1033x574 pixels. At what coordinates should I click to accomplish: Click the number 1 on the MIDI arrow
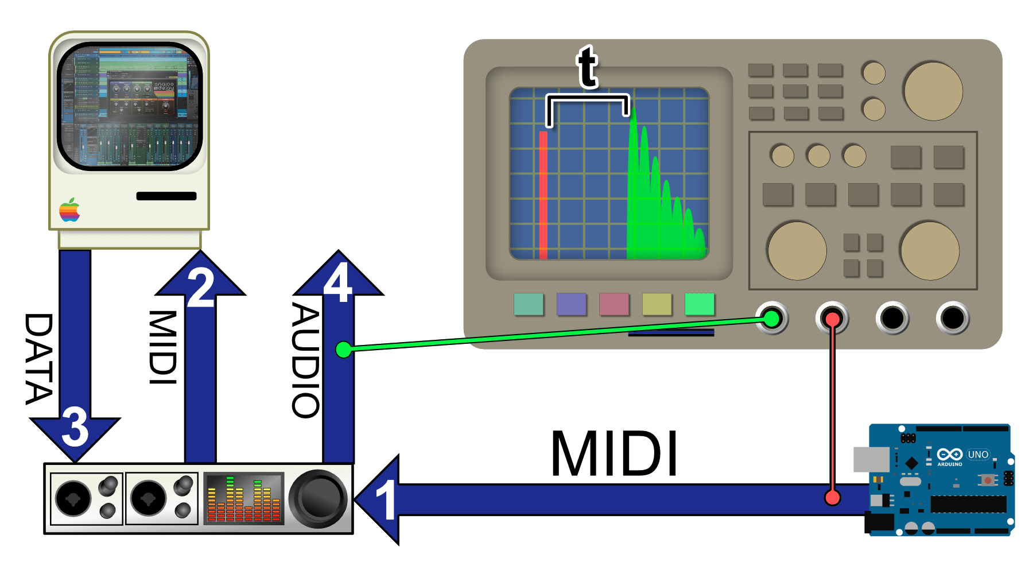point(386,500)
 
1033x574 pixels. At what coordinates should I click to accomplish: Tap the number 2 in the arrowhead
point(201,288)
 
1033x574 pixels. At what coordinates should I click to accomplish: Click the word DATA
point(40,359)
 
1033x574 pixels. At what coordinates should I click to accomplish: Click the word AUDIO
point(306,360)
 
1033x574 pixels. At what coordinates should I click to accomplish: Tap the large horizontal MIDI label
point(614,454)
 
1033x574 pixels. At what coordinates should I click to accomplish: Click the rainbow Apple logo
point(69,210)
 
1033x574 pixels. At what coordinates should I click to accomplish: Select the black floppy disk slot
point(166,196)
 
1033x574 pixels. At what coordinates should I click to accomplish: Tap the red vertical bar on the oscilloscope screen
point(543,195)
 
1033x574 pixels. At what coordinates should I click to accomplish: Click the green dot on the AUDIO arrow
point(343,349)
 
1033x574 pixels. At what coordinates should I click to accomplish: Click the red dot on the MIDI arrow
point(832,497)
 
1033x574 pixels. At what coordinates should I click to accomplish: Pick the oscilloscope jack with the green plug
point(772,318)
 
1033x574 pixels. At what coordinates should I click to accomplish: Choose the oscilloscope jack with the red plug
point(832,318)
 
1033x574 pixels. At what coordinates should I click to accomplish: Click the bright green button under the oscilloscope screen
point(700,304)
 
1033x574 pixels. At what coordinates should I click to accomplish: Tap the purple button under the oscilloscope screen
point(572,304)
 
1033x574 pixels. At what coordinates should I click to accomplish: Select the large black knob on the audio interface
point(317,499)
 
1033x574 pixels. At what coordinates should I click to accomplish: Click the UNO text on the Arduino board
point(978,455)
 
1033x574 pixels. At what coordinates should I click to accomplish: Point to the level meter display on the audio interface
point(244,498)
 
